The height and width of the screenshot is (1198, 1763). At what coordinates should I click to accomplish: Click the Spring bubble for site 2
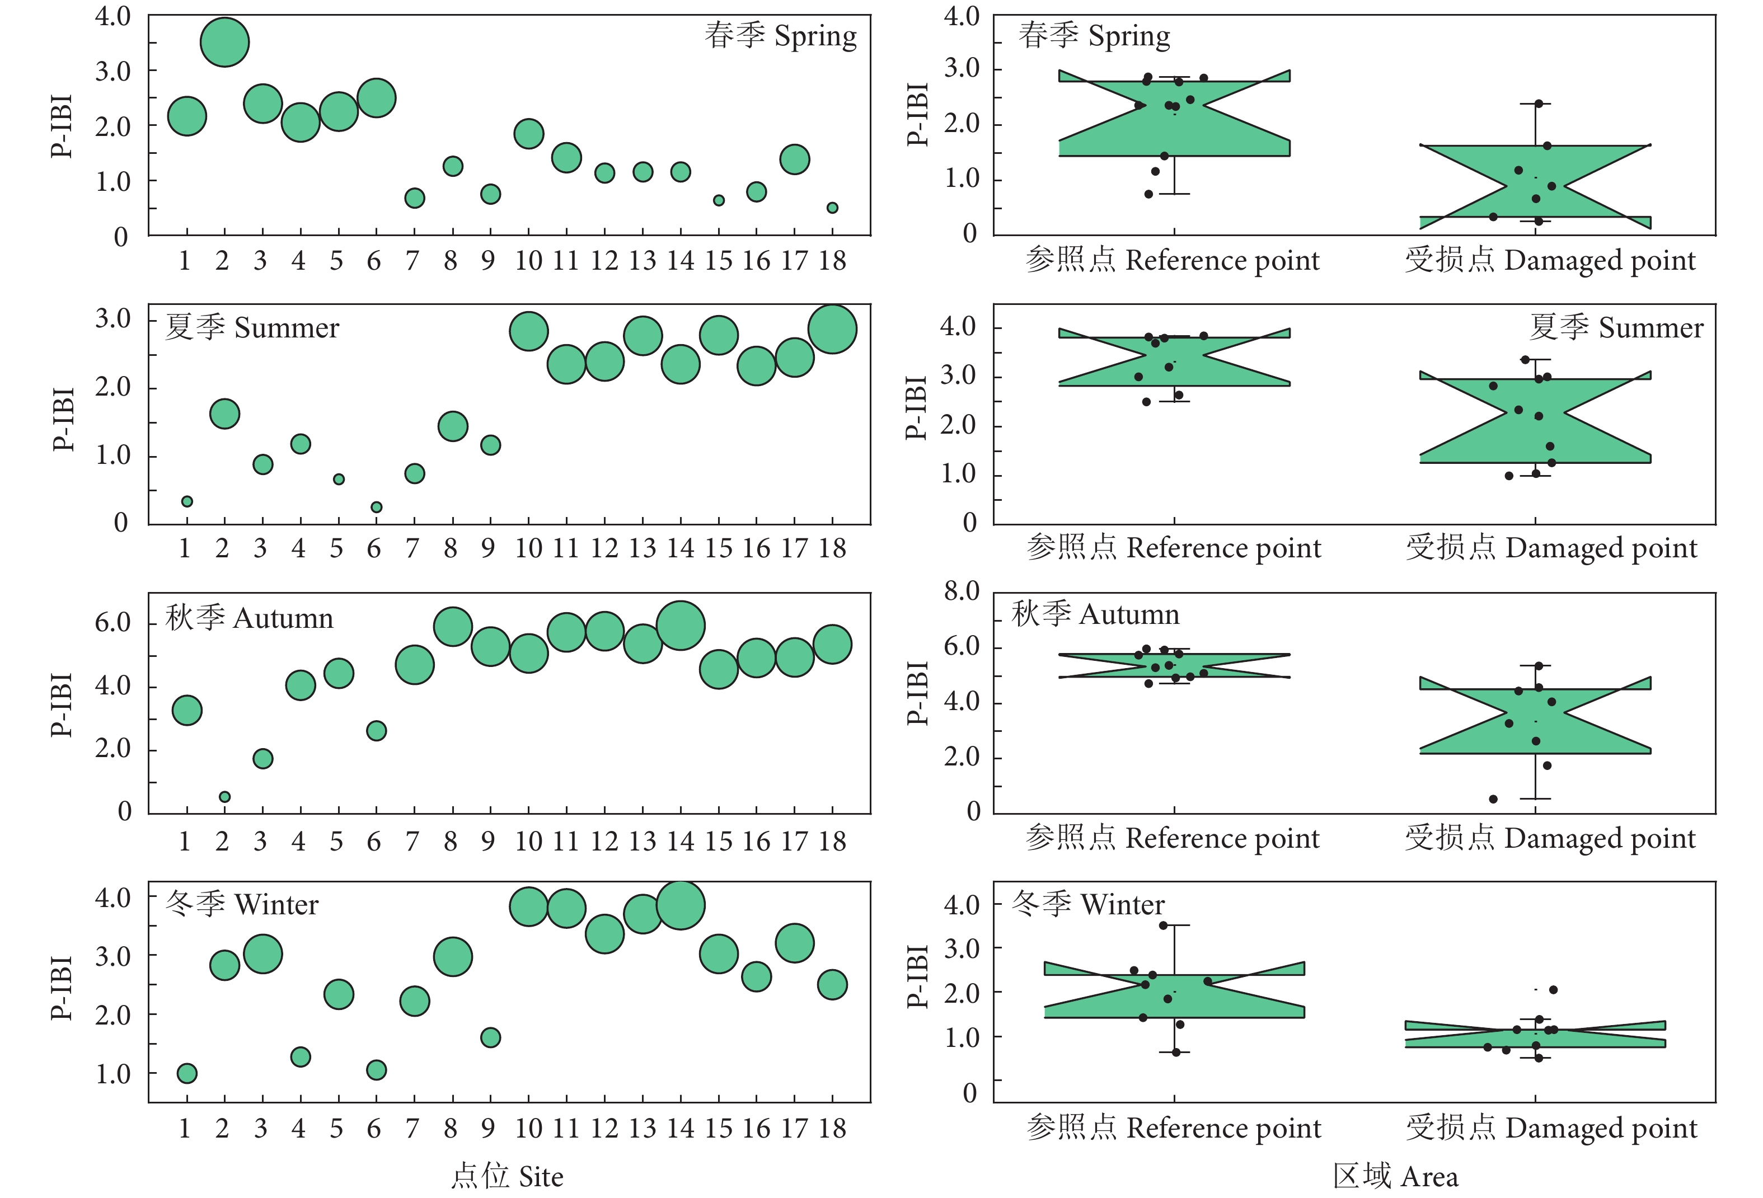[224, 43]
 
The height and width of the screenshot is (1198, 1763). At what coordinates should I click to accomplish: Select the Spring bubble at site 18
[832, 208]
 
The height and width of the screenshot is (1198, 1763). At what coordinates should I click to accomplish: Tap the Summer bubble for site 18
[832, 329]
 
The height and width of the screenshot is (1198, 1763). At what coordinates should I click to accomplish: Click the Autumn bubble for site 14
[681, 626]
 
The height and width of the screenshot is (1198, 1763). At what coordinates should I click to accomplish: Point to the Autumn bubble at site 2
[224, 797]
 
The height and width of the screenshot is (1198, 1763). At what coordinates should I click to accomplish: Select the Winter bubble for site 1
[186, 1073]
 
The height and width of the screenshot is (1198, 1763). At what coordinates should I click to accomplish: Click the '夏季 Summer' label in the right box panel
[1615, 327]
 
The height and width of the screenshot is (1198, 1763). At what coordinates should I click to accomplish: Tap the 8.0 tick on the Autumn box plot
[963, 591]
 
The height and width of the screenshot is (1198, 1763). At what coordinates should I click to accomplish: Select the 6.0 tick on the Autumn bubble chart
[113, 623]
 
